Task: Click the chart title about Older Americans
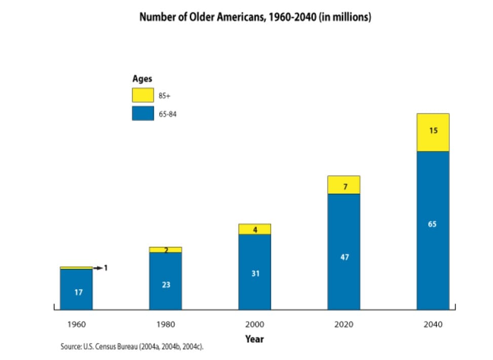click(x=255, y=17)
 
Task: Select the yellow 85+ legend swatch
click(x=142, y=95)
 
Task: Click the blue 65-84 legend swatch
click(x=142, y=113)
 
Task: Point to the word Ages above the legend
click(x=142, y=79)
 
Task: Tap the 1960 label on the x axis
click(x=76, y=324)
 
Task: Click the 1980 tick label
click(x=166, y=324)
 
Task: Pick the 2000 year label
click(x=255, y=324)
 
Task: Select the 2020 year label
click(x=344, y=324)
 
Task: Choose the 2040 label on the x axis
click(x=433, y=324)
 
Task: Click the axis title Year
click(x=254, y=339)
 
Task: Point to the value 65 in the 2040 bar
click(x=432, y=224)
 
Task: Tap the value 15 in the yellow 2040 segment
click(x=433, y=131)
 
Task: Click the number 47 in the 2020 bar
click(x=345, y=257)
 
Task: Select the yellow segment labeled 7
click(x=344, y=186)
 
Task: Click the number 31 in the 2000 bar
click(x=255, y=273)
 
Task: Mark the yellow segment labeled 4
click(x=255, y=229)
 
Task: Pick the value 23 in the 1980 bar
click(x=166, y=285)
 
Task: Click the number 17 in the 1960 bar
click(x=79, y=292)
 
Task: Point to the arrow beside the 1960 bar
click(x=97, y=267)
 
